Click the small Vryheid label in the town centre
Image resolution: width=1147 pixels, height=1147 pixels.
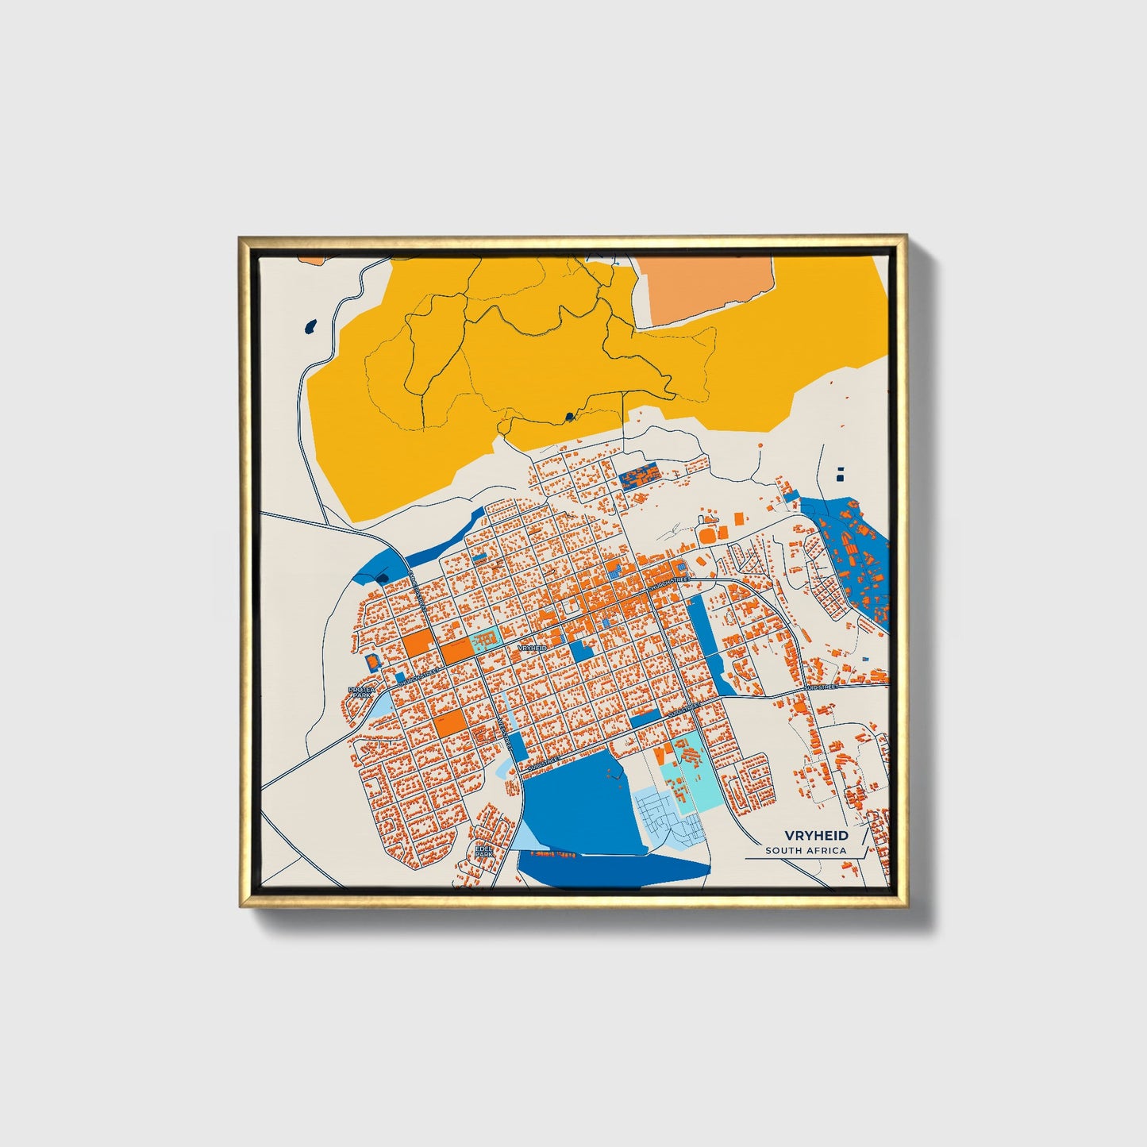531,649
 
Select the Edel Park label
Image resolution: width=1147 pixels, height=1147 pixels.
483,851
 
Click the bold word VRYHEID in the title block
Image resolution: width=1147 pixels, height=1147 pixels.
816,835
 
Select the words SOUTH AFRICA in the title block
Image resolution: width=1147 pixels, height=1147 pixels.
806,851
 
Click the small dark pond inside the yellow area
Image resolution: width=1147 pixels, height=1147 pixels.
568,416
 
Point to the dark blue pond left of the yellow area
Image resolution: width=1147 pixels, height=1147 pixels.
310,325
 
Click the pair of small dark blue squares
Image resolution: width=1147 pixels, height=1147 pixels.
841,473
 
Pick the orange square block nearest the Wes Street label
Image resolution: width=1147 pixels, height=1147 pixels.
449,723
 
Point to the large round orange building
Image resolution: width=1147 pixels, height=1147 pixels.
707,537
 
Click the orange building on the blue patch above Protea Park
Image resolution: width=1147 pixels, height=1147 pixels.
370,660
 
